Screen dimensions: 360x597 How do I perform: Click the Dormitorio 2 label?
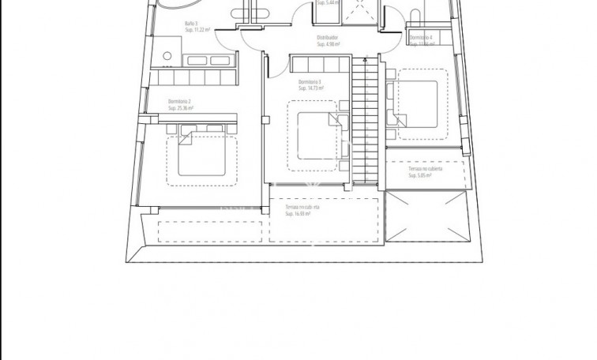point(181,101)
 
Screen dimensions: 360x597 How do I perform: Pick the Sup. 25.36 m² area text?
point(183,108)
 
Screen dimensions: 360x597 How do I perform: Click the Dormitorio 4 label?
point(420,37)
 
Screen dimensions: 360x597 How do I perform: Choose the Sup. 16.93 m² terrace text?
point(297,213)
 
